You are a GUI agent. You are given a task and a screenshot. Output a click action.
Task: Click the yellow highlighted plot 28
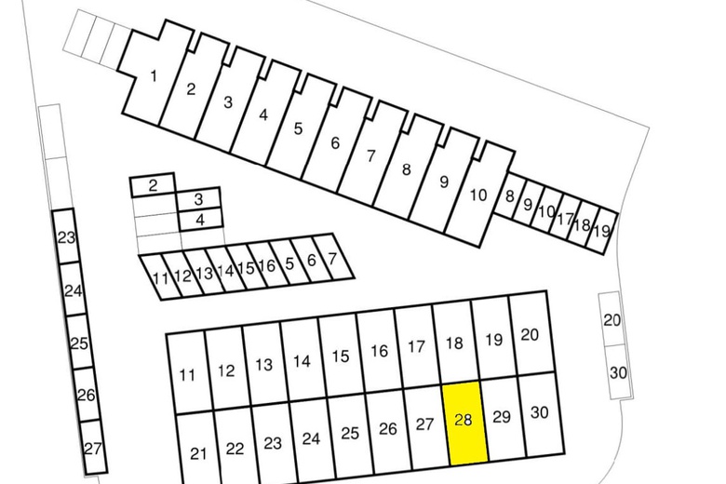[464, 423]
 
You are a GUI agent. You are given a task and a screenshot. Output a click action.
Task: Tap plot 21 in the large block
[197, 450]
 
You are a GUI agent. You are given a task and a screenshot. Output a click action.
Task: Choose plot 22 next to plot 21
[235, 446]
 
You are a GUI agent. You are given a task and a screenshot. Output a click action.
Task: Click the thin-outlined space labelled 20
[612, 319]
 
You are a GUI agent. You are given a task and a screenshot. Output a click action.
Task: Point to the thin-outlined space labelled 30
[619, 371]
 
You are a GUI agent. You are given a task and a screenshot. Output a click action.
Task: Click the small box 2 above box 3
[153, 185]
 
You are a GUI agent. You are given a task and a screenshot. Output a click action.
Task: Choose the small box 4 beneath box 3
[200, 220]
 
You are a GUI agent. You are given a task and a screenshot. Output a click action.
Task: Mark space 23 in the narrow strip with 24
[66, 237]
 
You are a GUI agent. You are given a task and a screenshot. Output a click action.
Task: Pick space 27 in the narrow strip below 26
[93, 448]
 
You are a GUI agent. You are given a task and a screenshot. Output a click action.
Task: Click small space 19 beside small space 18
[602, 231]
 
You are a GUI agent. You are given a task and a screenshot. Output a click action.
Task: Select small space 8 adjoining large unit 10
[509, 196]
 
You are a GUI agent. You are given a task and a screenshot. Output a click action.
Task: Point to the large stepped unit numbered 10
[478, 195]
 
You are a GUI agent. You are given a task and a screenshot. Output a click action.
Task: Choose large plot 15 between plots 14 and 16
[341, 356]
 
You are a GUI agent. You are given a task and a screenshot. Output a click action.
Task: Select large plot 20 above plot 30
[531, 333]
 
